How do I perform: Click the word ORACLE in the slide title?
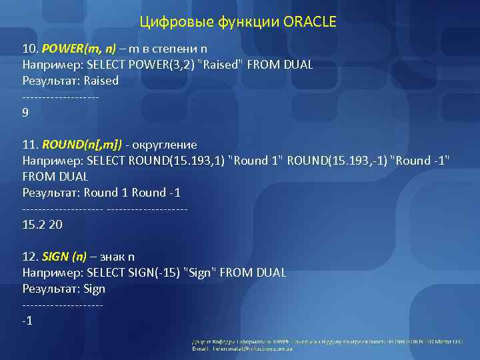[310, 22]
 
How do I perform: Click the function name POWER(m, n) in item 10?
[79, 49]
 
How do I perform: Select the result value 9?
[25, 113]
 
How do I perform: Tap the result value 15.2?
[34, 225]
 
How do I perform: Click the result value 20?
[56, 225]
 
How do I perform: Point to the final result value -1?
[27, 321]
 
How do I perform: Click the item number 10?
[30, 49]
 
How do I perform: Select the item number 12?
[30, 257]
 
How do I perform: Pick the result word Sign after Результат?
[94, 289]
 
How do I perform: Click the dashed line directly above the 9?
[61, 97]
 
